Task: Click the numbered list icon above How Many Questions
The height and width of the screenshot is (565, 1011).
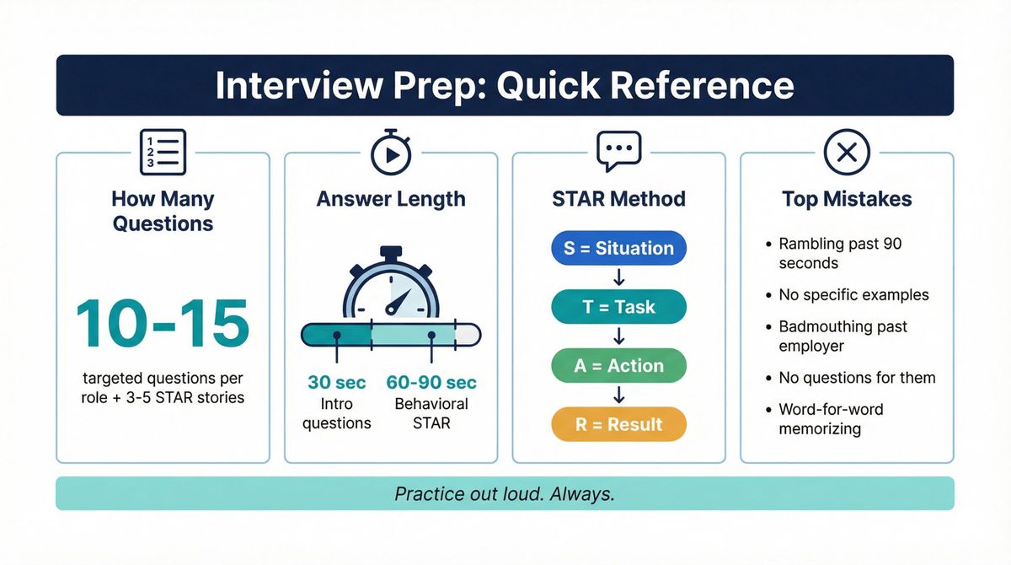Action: tap(163, 152)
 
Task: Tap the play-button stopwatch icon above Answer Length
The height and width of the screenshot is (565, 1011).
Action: tap(390, 153)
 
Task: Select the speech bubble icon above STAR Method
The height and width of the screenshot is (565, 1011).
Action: tap(618, 152)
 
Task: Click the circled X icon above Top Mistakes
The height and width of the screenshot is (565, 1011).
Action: tap(846, 152)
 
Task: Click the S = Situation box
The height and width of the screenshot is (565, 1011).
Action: tap(618, 248)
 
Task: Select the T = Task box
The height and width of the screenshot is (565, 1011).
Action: tap(618, 307)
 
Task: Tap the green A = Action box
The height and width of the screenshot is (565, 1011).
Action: tap(618, 366)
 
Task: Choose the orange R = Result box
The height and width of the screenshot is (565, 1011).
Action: tap(618, 424)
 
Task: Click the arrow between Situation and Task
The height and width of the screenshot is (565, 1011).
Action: tap(618, 277)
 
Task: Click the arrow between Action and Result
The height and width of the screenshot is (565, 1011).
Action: tap(618, 395)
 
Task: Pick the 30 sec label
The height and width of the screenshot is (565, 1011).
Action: tap(336, 382)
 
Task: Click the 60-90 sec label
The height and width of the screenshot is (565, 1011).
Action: tap(431, 382)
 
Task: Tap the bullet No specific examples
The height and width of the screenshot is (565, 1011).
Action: tap(853, 295)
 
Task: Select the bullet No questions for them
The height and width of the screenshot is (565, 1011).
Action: tap(857, 378)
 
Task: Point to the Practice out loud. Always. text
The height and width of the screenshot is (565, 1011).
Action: tap(505, 493)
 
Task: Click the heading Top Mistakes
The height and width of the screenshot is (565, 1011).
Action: tap(846, 199)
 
